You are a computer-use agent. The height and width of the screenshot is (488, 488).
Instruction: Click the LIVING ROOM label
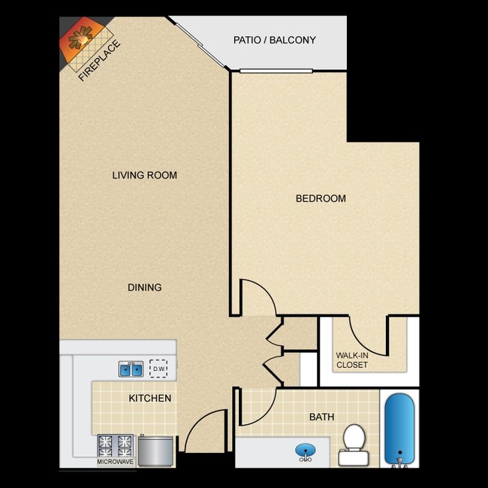point(144,175)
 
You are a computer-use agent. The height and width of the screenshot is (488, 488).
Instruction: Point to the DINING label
point(144,287)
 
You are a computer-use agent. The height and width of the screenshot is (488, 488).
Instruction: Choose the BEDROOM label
point(321,198)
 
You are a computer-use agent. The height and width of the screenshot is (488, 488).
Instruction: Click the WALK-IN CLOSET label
point(351,360)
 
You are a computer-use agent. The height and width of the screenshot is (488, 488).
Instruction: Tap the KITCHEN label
point(150,398)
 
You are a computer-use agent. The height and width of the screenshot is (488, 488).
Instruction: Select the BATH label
point(321,417)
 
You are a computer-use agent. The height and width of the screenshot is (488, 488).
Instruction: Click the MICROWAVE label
point(116,462)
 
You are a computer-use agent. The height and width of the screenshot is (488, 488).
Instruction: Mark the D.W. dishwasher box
point(158,369)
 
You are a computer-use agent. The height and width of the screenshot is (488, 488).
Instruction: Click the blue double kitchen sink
point(131,369)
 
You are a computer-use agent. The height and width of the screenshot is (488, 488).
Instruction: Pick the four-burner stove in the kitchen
point(115,445)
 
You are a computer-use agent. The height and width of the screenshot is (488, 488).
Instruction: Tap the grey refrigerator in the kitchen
point(155,450)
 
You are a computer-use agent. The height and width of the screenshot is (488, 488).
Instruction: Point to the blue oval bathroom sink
point(305,451)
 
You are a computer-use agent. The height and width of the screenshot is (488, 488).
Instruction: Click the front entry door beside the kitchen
point(206,432)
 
